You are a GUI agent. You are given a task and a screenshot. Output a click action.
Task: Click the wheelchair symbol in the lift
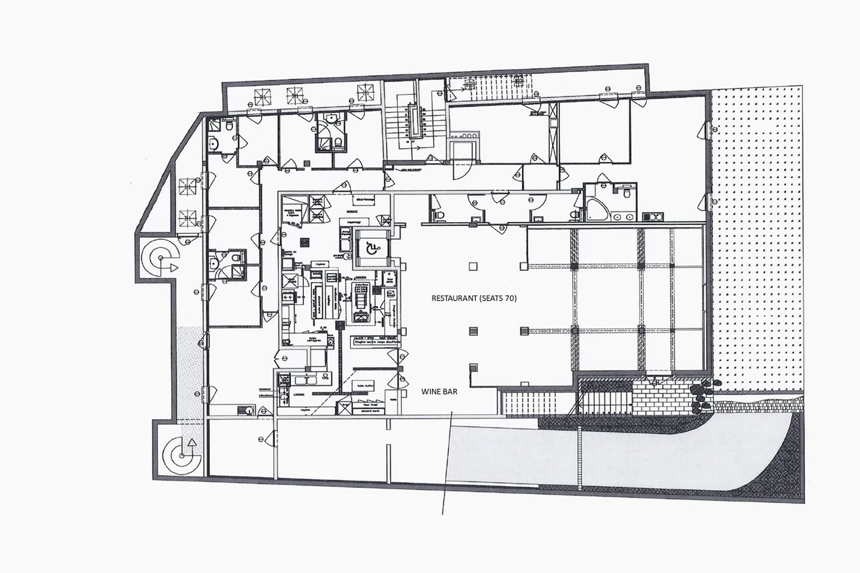coord(372,249)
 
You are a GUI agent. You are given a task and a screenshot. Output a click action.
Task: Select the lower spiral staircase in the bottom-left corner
coord(182,455)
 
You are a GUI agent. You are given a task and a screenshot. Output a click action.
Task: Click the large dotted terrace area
coord(757,238)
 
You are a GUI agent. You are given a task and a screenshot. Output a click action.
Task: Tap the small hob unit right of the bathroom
coord(653,217)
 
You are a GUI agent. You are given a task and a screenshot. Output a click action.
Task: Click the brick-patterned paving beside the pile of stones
coord(662,398)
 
